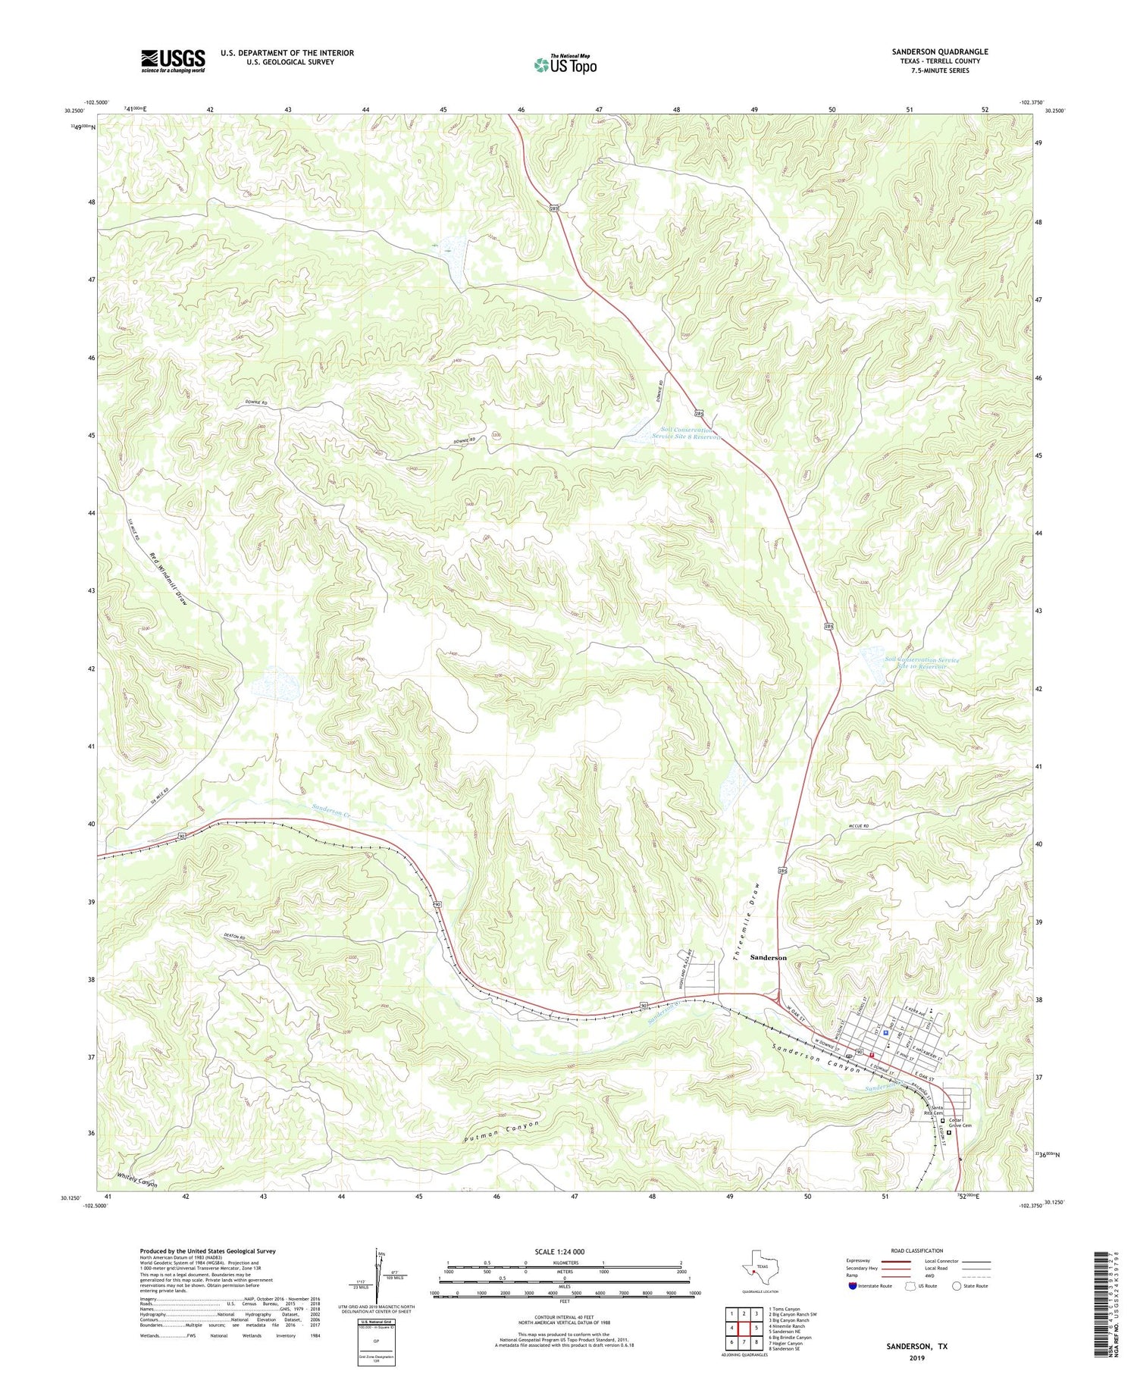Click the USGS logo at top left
(x=173, y=61)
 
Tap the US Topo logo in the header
(x=565, y=64)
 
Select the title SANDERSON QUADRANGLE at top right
(x=939, y=52)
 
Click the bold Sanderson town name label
(x=768, y=957)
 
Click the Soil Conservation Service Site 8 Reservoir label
(x=687, y=433)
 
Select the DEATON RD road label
(x=235, y=939)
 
